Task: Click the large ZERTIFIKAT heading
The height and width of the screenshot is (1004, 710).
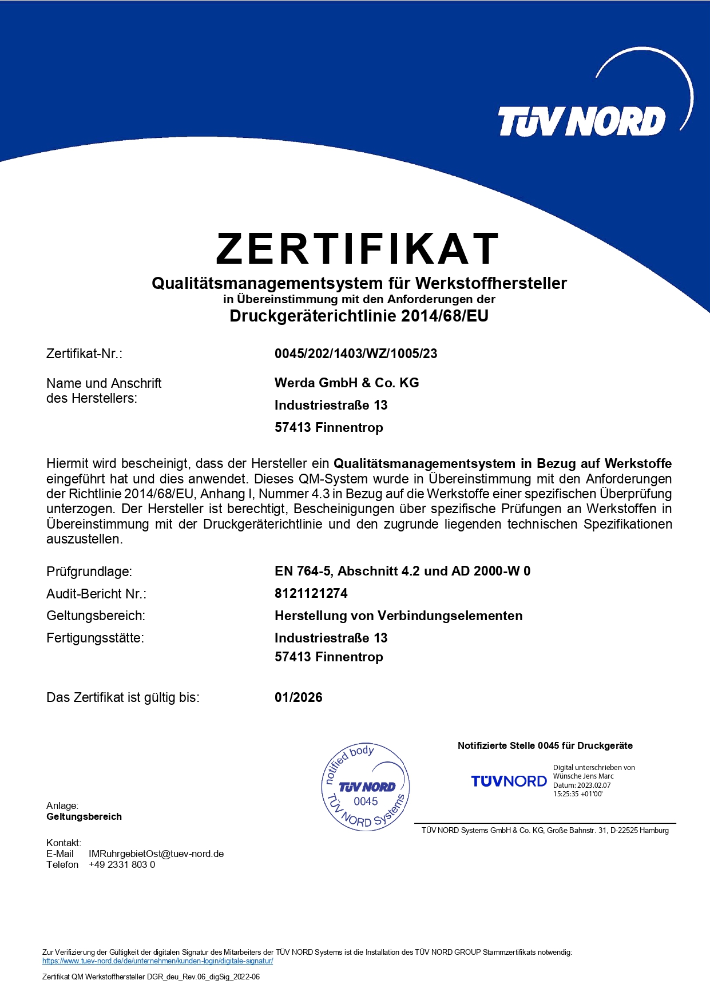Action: (357, 249)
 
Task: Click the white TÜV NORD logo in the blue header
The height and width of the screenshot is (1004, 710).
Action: (581, 122)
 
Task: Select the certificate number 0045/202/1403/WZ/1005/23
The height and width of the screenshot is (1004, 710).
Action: (356, 354)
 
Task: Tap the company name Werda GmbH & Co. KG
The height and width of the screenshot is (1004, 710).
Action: (347, 383)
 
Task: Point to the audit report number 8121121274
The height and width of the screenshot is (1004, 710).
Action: (311, 593)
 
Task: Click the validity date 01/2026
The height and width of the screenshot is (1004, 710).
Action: (299, 697)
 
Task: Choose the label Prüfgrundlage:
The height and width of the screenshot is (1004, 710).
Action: (89, 572)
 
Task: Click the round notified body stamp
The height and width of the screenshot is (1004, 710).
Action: (366, 787)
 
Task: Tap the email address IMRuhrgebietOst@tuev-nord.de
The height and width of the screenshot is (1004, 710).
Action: (156, 854)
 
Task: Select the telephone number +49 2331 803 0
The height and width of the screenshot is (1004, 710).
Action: (122, 864)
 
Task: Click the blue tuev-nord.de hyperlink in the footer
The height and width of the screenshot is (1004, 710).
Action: (157, 961)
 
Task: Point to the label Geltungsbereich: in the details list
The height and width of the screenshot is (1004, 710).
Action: (96, 616)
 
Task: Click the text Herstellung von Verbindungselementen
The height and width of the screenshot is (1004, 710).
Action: (399, 616)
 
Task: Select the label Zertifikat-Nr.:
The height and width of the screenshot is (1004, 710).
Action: (84, 354)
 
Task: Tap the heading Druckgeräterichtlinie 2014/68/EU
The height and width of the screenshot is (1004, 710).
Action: (359, 316)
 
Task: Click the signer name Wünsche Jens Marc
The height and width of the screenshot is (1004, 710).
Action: (583, 776)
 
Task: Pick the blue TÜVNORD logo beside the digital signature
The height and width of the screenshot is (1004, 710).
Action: (509, 781)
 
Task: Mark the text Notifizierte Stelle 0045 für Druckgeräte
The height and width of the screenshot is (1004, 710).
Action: (545, 745)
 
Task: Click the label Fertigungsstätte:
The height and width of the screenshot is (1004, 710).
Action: (95, 638)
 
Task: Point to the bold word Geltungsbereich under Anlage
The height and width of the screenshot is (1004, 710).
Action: (84, 816)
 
